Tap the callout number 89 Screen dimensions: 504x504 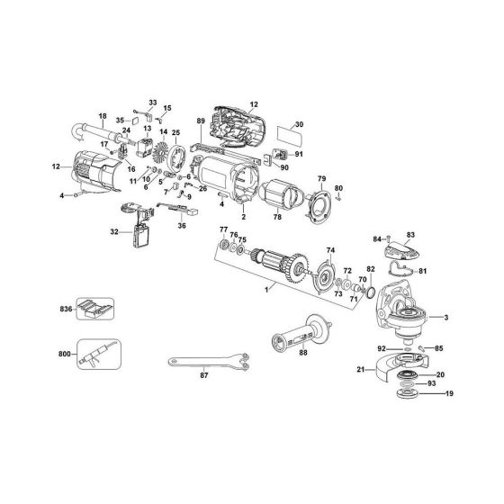[x=201, y=121]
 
